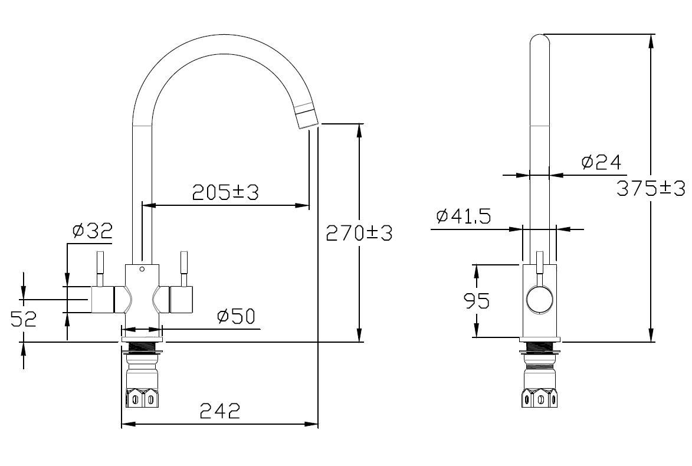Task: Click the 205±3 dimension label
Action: pos(225,192)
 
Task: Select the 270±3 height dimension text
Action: pos(359,232)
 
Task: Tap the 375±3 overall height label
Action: pos(651,188)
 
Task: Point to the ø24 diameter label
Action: pos(601,162)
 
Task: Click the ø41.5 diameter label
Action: pos(463,216)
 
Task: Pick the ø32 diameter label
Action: pos(93,230)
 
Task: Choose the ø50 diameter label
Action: pos(236,316)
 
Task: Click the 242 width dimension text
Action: pos(220,411)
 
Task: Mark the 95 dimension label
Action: pos(477,301)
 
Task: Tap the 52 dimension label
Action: pos(24,319)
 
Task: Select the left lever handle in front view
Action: pos(100,269)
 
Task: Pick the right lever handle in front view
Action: pos(183,269)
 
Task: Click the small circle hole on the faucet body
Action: pos(142,269)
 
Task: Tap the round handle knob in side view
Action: pos(540,299)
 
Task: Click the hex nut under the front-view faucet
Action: pos(142,398)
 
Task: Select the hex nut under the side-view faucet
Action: pos(540,398)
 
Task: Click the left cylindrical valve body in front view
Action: pos(103,300)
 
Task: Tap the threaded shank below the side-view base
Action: pos(540,348)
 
